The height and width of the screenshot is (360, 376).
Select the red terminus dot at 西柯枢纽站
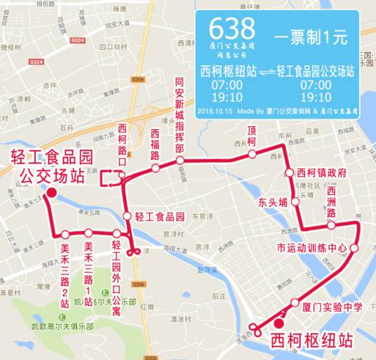(279, 324)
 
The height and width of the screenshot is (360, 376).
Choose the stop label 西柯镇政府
(321, 173)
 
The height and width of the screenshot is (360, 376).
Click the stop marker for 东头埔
(295, 201)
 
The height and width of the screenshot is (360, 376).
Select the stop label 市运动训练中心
(311, 248)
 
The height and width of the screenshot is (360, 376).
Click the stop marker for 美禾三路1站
(88, 233)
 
